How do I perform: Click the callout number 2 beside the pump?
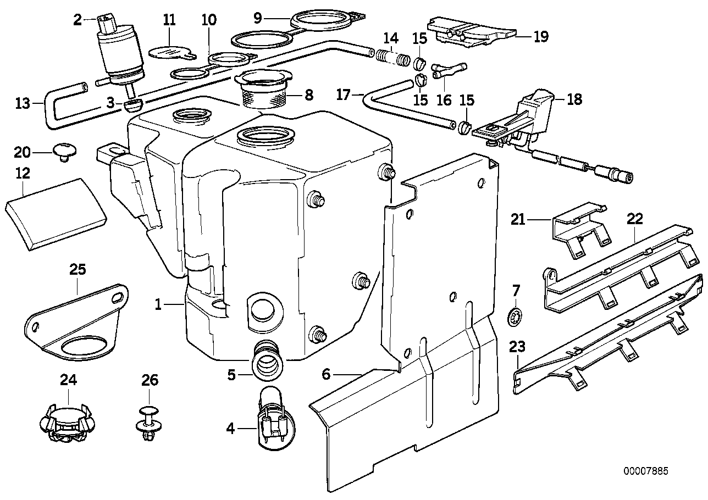[78, 20]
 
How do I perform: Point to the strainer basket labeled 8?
[265, 89]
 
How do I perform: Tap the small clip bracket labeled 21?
[578, 231]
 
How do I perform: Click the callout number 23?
[517, 347]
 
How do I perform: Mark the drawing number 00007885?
[646, 471]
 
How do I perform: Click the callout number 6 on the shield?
[326, 375]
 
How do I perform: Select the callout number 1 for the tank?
[158, 304]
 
